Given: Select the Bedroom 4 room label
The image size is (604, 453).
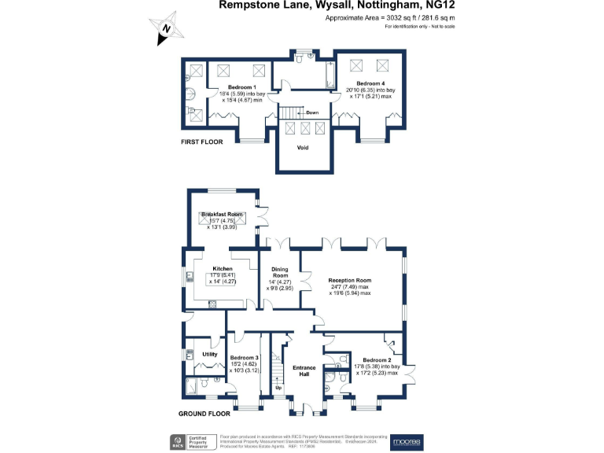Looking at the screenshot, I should click(x=370, y=83).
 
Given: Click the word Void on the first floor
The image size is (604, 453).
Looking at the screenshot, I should click(x=303, y=148).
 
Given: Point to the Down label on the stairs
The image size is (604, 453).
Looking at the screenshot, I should click(x=312, y=112).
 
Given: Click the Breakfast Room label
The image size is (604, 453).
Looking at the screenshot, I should click(x=219, y=214).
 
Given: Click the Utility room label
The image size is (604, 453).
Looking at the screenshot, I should click(x=209, y=355).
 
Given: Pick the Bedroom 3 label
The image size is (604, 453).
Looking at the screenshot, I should click(x=245, y=359).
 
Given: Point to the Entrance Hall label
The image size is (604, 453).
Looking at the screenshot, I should click(x=304, y=371).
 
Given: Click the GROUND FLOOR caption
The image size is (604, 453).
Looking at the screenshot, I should click(x=204, y=413).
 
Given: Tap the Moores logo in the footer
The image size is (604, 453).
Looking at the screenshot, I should click(x=407, y=442).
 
